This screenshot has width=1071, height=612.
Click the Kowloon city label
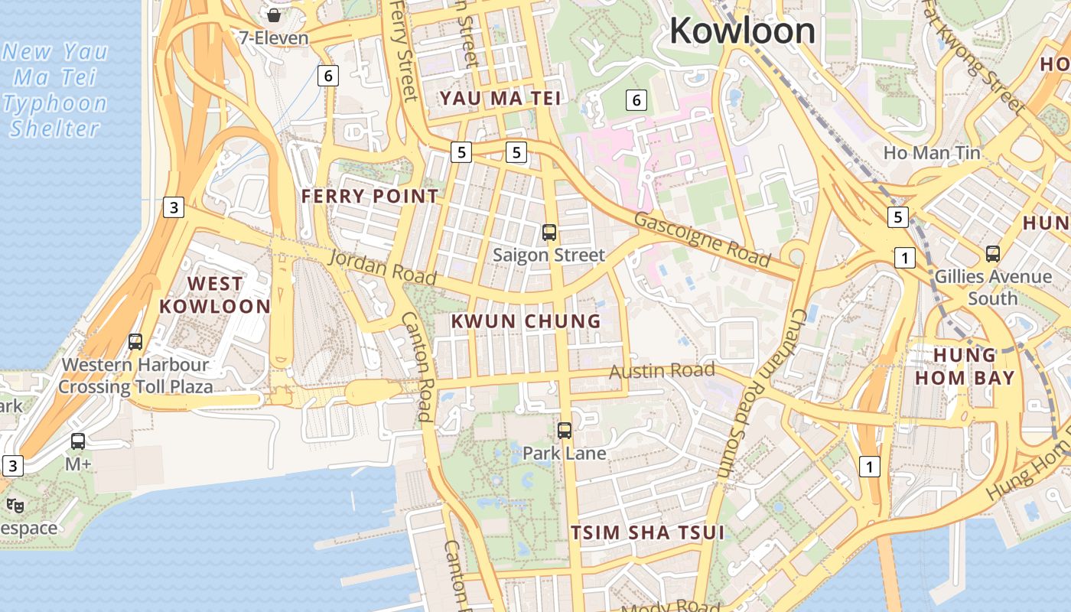click(742, 31)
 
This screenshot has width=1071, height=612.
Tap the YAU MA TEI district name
click(500, 98)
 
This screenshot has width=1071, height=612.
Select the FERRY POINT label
click(369, 197)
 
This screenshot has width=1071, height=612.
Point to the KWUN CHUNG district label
click(526, 321)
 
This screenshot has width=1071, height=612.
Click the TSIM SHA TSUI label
click(647, 533)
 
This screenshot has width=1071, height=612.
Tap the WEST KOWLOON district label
click(215, 295)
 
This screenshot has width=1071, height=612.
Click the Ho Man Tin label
click(931, 153)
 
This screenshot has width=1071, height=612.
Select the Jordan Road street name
click(382, 267)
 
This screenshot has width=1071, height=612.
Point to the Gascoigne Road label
click(702, 239)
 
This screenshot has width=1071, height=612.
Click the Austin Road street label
click(662, 371)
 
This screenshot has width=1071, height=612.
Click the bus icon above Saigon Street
click(549, 233)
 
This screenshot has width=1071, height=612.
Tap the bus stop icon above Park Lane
click(565, 431)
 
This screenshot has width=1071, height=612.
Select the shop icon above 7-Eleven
click(273, 15)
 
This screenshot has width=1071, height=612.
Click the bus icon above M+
click(78, 441)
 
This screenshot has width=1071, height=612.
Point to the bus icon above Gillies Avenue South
click(992, 253)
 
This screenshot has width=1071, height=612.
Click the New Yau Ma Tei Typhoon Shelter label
click(55, 90)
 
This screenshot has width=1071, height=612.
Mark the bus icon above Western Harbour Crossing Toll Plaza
click(135, 342)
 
